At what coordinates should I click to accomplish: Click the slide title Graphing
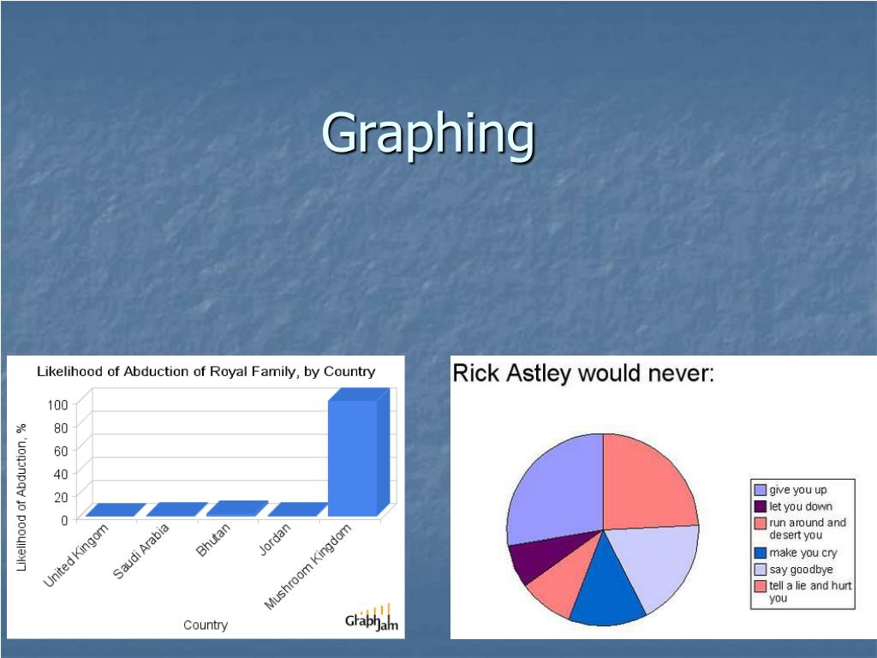(x=428, y=135)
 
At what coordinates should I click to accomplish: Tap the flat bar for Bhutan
(x=237, y=508)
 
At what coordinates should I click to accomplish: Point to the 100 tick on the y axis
(x=58, y=404)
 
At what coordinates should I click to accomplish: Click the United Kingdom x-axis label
(x=77, y=556)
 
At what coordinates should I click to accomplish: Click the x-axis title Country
(x=206, y=625)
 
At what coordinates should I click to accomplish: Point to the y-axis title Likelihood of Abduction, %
(x=22, y=497)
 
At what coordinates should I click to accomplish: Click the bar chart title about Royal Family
(x=206, y=372)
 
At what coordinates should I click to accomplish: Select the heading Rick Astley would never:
(x=583, y=374)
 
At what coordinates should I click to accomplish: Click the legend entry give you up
(x=798, y=490)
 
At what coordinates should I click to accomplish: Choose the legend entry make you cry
(x=802, y=553)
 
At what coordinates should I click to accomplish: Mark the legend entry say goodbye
(x=801, y=569)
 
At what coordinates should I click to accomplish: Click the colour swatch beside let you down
(x=760, y=506)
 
